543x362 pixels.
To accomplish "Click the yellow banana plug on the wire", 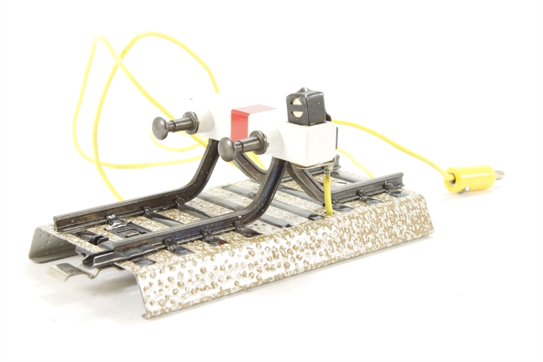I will (x=470, y=178).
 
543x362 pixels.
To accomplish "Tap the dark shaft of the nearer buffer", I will (x=252, y=144).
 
